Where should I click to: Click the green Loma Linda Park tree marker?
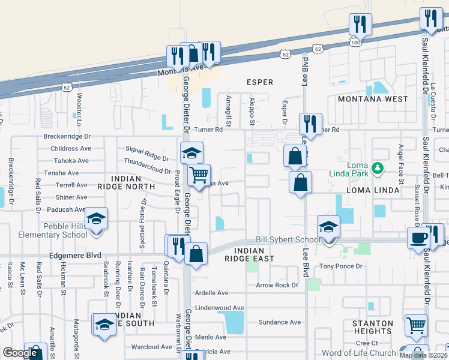coord(377,167)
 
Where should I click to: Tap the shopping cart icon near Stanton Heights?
coord(416,325)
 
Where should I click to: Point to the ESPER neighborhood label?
coord(260,82)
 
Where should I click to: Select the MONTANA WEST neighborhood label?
coord(372,99)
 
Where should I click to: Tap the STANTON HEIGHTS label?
coord(372,327)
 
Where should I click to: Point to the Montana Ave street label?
coord(160,72)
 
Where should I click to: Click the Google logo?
coord(20,353)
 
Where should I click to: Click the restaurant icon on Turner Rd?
coord(310,124)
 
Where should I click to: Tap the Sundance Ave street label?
coord(279,322)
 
